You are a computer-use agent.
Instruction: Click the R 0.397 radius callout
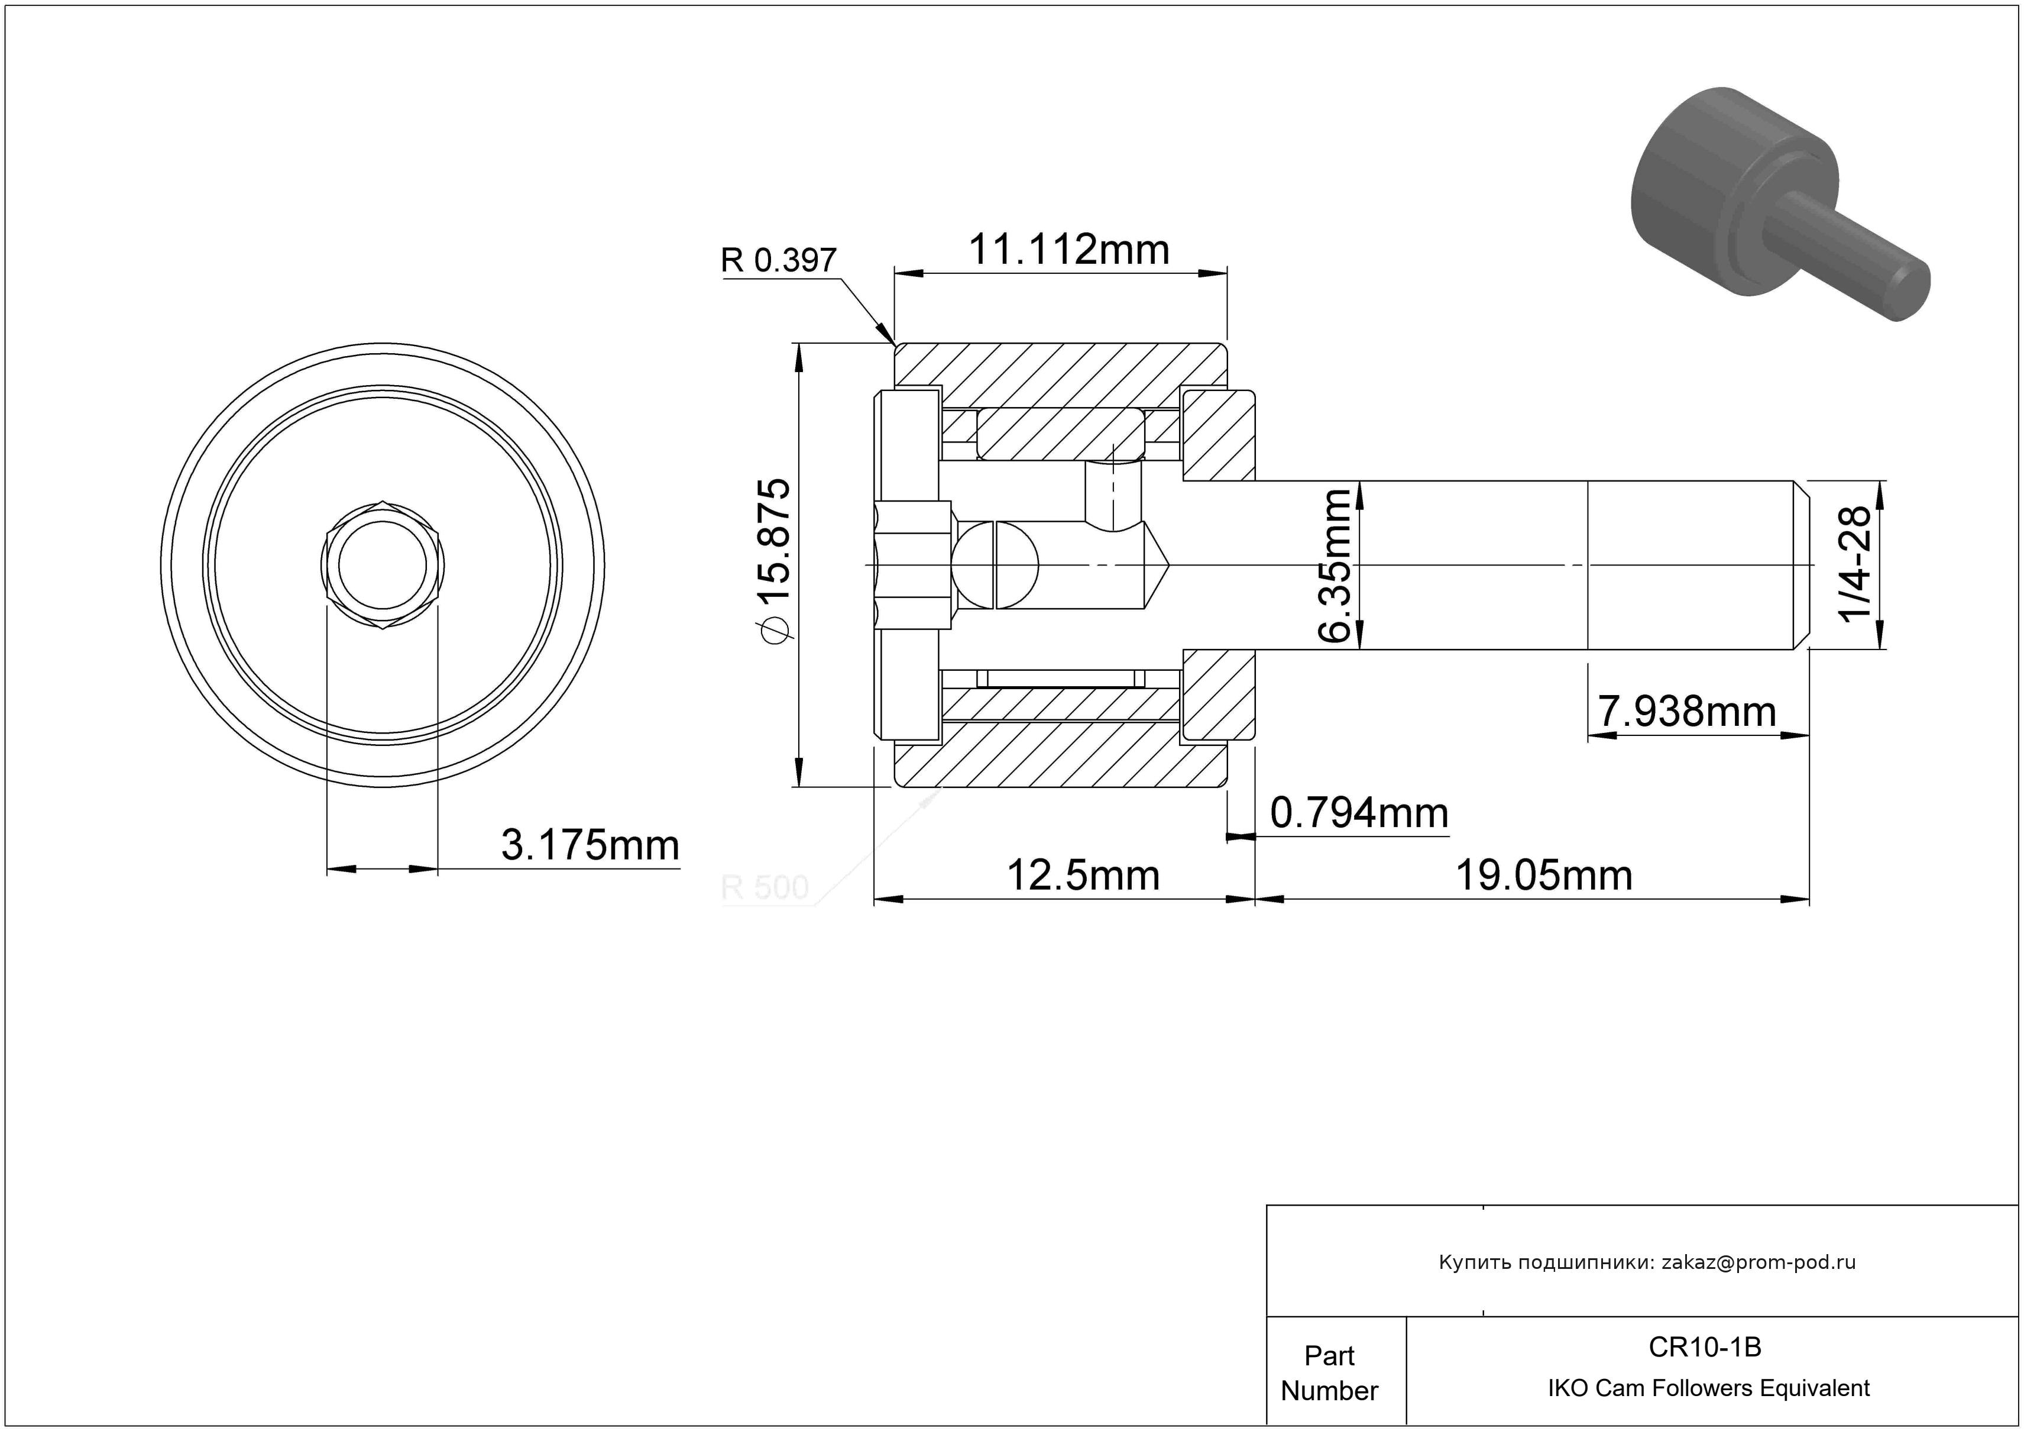(778, 260)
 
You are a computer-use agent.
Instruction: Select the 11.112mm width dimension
(1068, 250)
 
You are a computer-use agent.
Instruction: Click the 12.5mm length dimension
(1083, 876)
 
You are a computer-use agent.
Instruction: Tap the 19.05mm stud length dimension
(1543, 876)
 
